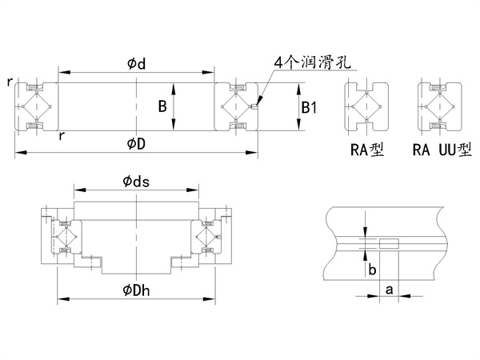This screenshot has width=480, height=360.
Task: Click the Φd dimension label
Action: pyautogui.click(x=136, y=63)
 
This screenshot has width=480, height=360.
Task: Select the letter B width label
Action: pyautogui.click(x=162, y=106)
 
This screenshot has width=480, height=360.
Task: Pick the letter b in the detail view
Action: pyautogui.click(x=373, y=270)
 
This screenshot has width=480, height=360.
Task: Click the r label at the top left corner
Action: pyautogui.click(x=8, y=81)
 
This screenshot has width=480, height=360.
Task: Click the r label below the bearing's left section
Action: pyautogui.click(x=62, y=136)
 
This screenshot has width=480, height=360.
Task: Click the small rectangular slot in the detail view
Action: pyautogui.click(x=388, y=242)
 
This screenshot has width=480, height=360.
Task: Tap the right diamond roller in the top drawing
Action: pyautogui.click(x=238, y=106)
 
